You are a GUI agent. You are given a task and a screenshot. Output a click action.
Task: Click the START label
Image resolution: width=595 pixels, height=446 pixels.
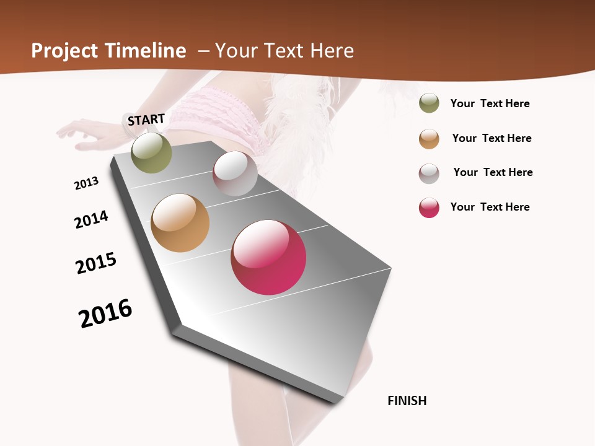146,120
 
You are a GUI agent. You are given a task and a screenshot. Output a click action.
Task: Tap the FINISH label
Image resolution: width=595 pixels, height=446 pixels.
407,401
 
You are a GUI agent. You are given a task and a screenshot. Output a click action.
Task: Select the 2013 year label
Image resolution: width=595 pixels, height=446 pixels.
86,183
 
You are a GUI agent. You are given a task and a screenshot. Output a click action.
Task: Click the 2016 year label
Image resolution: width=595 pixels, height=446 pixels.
105,313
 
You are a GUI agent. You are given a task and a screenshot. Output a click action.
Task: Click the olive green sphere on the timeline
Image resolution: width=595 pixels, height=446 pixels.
152,153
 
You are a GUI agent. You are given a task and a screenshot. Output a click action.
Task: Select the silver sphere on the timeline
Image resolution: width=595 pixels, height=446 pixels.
235,173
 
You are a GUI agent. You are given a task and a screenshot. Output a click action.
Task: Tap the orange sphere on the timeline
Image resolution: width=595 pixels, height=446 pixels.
180,223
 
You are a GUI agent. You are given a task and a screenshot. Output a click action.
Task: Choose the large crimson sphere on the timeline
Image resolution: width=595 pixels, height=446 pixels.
268,257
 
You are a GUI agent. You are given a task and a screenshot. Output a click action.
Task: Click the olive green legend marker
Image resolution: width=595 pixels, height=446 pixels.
429,103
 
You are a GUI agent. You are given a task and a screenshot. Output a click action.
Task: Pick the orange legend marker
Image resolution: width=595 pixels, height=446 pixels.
429,139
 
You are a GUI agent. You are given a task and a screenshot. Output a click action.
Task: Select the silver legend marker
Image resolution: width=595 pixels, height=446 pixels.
429,173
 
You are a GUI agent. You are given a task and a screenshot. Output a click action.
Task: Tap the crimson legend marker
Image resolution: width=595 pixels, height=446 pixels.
429,208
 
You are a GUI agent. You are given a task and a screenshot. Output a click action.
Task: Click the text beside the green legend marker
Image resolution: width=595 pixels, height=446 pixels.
490,103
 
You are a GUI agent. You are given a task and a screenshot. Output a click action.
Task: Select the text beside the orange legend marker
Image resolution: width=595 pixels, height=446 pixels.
491,138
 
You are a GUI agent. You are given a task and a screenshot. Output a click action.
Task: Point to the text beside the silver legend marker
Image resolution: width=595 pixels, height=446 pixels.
493,172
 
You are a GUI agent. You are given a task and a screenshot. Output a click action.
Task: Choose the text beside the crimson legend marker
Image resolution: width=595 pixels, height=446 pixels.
490,207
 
